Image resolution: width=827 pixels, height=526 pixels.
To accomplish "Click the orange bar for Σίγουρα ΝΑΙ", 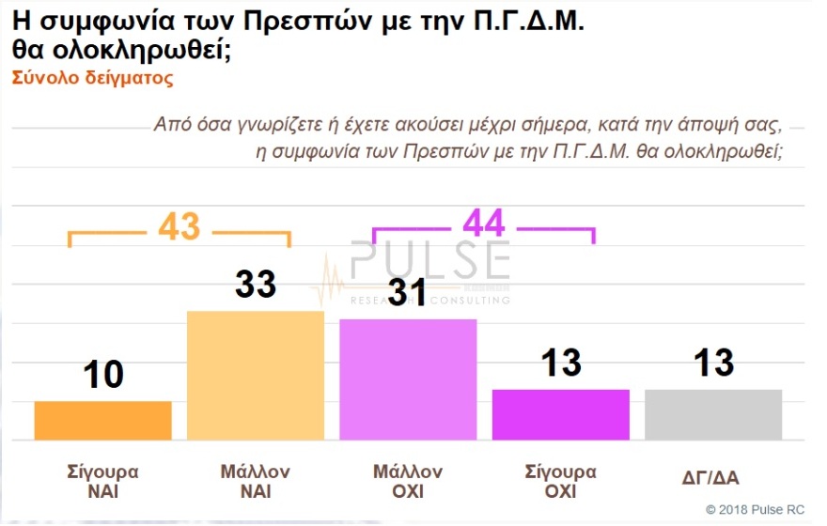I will (x=103, y=420).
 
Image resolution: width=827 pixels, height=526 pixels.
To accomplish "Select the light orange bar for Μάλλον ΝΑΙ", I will (x=256, y=375).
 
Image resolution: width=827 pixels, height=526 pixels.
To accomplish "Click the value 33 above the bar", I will (x=256, y=285).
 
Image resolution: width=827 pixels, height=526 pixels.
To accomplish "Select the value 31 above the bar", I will (x=408, y=294).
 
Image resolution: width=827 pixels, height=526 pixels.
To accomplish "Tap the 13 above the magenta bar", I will (x=561, y=363).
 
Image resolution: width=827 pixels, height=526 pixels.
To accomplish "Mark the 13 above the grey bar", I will (x=713, y=363).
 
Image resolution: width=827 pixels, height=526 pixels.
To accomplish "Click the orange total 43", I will (x=179, y=226).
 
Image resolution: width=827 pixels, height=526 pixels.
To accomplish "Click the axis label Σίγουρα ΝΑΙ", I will (x=103, y=480).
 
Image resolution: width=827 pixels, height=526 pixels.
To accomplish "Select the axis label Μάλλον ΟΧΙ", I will (x=408, y=480).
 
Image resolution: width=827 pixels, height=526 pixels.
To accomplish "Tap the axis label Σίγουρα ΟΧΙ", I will (x=561, y=480).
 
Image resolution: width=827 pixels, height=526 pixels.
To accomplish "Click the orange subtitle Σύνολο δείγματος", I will (x=93, y=79).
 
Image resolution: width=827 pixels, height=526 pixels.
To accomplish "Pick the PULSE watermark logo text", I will (x=430, y=261).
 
